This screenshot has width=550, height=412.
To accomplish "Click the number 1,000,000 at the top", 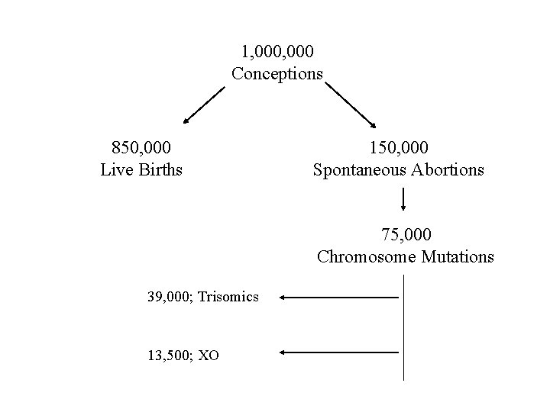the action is pos(277,52).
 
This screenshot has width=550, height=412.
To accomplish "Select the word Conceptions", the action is pos(277,74).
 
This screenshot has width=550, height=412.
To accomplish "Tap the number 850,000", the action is pos(141,146).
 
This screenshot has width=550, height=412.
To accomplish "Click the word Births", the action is pos(160,169).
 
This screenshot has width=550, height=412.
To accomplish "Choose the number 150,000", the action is pos(399,146).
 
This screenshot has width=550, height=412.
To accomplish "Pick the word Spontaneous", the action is pos(357,169).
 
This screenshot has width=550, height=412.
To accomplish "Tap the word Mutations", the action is pos(457,256).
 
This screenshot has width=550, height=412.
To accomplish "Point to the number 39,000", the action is pos(169,296).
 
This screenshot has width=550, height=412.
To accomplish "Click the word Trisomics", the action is pos(228,296).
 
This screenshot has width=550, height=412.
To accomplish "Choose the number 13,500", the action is pos(169,354).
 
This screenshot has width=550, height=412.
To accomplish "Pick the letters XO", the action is pos(209,354).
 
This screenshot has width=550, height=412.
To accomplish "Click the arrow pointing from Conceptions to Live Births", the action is pos(204,105).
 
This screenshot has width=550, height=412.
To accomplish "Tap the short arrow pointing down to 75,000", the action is pos(403,201).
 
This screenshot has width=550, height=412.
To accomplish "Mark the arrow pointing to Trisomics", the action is pos(339,297).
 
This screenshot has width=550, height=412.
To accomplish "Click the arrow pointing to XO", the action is pos(339,352).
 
